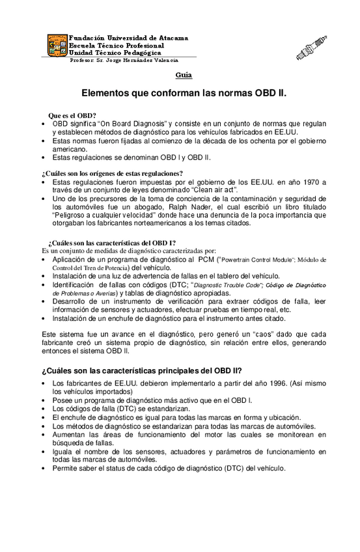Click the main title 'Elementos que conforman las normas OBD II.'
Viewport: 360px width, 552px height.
(x=184, y=93)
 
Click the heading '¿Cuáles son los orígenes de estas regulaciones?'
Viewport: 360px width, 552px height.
(x=112, y=173)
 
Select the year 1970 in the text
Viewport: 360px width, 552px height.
(x=307, y=182)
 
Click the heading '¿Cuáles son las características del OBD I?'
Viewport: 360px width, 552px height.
(x=112, y=242)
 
